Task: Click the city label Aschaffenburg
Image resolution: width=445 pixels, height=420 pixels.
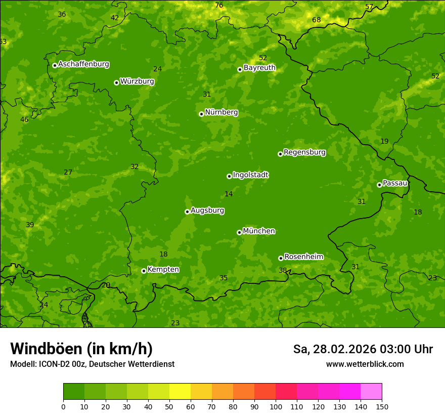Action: pyautogui.click(x=83, y=64)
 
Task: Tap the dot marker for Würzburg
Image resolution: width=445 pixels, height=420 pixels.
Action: pyautogui.click(x=116, y=82)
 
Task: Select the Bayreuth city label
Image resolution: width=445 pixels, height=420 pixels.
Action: pyautogui.click(x=259, y=68)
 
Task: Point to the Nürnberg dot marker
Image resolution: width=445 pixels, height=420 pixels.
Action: pyautogui.click(x=201, y=114)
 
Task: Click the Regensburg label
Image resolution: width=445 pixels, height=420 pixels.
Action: pyautogui.click(x=304, y=152)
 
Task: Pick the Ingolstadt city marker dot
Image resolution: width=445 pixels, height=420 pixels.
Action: pyautogui.click(x=229, y=176)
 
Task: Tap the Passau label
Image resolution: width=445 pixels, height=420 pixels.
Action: pyautogui.click(x=395, y=183)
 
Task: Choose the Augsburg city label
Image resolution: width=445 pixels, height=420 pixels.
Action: pyautogui.click(x=207, y=211)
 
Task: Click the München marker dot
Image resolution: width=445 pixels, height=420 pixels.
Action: pyautogui.click(x=239, y=232)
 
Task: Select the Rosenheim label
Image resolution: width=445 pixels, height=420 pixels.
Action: pyautogui.click(x=303, y=257)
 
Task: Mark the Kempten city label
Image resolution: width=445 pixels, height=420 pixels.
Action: pyautogui.click(x=163, y=270)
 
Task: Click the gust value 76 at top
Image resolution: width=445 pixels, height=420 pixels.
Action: pyautogui.click(x=219, y=6)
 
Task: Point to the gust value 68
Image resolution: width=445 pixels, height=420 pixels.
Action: pyautogui.click(x=317, y=20)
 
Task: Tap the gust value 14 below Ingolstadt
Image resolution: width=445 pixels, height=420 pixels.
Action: pyautogui.click(x=229, y=194)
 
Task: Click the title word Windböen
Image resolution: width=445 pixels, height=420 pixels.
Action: pyautogui.click(x=46, y=349)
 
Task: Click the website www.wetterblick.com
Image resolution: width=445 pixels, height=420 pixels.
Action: pyautogui.click(x=365, y=364)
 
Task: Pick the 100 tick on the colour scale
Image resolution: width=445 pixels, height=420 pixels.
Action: pyautogui.click(x=276, y=406)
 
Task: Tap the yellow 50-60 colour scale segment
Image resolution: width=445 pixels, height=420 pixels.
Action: pyautogui.click(x=180, y=391)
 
